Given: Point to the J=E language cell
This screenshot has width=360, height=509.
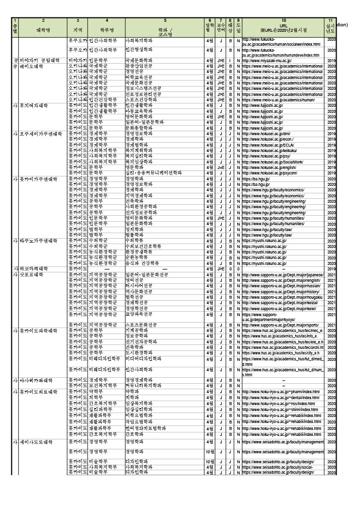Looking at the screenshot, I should pyautogui.click(x=221, y=168).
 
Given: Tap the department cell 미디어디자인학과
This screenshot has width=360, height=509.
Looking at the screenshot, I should pyautogui.click(x=144, y=358).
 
